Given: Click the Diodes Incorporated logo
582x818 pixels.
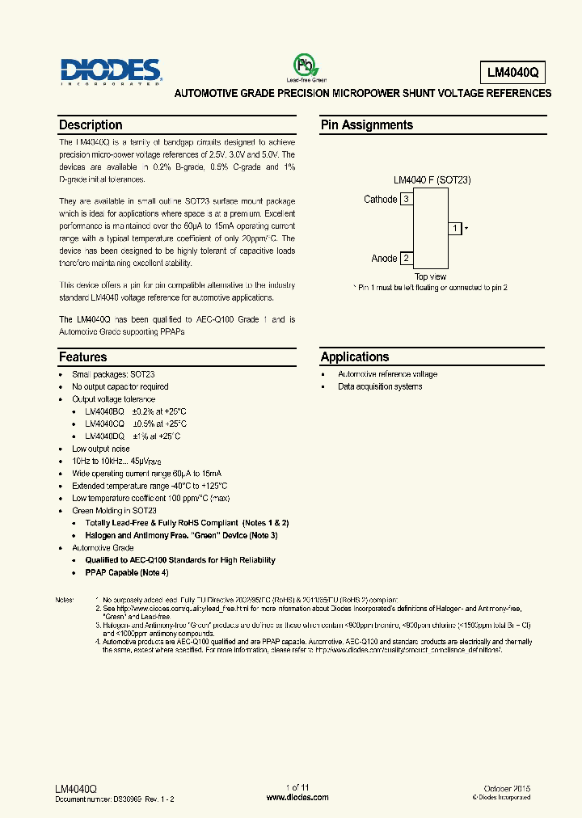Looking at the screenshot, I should pos(110,70).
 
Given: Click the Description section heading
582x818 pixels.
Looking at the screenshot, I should pos(91,125).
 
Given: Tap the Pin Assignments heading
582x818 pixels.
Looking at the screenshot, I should pos(366,125).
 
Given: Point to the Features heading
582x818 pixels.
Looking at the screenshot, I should pos(82,356).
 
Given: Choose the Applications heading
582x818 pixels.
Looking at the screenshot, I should pos(354,356).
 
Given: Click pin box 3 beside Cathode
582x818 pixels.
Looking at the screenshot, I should pos(407,199).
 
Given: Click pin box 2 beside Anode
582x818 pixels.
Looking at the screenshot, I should pos(407,259).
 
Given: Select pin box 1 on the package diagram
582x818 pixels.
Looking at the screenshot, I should pos(455,229).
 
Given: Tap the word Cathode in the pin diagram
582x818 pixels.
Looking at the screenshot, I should pos(381,199).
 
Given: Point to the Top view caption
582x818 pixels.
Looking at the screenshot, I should pos(430,277).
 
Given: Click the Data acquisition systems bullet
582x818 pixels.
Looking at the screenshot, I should pos(380,386).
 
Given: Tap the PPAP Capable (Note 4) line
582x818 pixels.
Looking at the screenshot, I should pos(127,572).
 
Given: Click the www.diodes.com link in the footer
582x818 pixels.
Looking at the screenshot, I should pos(297,797).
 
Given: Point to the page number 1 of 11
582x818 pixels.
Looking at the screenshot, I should pos(297,787).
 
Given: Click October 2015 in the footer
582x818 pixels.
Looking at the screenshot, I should pos(506,787).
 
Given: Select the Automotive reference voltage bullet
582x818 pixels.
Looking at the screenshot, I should pos(387,374).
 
